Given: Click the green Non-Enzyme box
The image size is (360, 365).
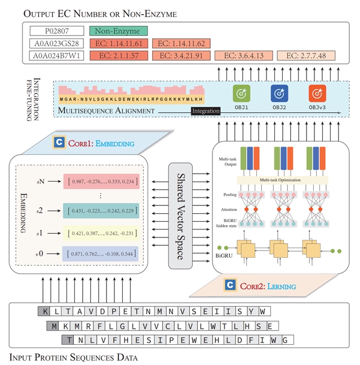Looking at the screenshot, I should click(x=118, y=32).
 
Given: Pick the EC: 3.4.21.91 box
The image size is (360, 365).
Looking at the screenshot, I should click(x=181, y=55).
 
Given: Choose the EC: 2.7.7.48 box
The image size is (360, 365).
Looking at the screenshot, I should click(x=306, y=55).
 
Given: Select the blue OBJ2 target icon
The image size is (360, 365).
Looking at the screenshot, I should click(x=279, y=93).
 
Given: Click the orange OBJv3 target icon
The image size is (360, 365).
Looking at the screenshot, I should click(x=317, y=93).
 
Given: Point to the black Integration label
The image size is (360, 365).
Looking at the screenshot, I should click(x=206, y=111).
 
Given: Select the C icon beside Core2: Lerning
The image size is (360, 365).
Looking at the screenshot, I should click(x=230, y=285).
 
